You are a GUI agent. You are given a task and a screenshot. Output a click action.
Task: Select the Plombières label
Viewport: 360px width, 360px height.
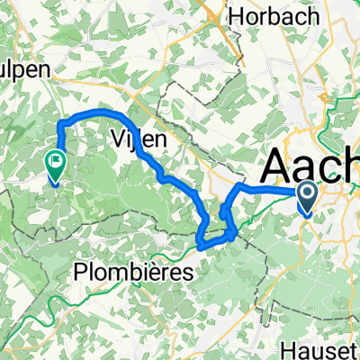(133, 271)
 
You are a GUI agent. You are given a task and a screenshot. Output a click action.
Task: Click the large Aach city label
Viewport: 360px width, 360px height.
(310, 167)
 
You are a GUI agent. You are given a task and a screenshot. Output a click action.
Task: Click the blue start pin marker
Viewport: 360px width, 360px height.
(307, 197)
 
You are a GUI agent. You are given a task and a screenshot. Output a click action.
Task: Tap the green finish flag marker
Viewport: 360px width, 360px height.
(54, 166)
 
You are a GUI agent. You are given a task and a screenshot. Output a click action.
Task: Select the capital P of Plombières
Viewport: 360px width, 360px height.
(81, 271)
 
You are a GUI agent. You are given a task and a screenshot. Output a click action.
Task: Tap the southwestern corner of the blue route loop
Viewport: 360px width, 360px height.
(199, 241)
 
